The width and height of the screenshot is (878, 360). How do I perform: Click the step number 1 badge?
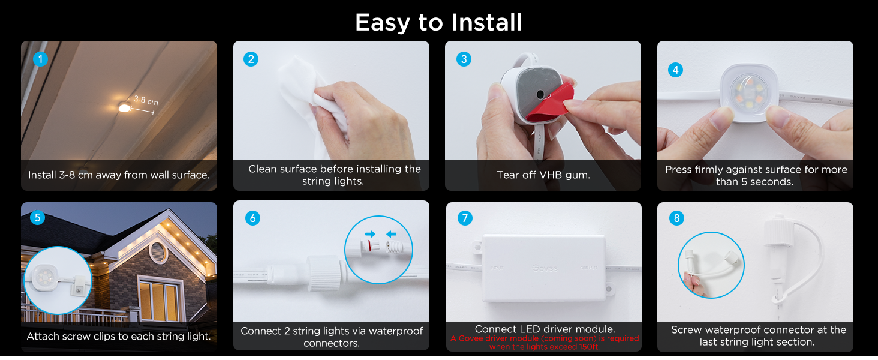pyautogui.click(x=40, y=59)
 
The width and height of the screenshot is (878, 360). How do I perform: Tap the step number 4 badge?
pyautogui.click(x=676, y=70)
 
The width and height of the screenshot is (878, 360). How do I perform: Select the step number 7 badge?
pyautogui.click(x=465, y=218)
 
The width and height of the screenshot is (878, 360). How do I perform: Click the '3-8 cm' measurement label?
pyautogui.click(x=145, y=100)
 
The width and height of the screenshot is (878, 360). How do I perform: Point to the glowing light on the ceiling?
pyautogui.click(x=124, y=108)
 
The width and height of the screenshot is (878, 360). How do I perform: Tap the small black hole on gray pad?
pyautogui.click(x=540, y=95)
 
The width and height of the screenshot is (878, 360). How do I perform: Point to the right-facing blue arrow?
pyautogui.click(x=370, y=233)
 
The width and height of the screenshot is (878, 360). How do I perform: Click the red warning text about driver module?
pyautogui.click(x=545, y=343)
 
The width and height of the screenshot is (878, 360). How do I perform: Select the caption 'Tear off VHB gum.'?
pyautogui.click(x=543, y=175)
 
